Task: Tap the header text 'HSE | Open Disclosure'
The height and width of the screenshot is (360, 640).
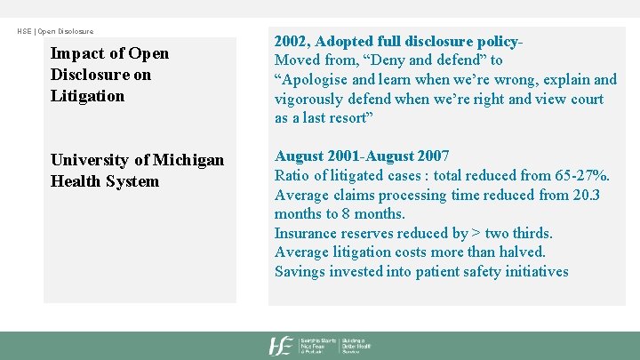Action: (x=55, y=31)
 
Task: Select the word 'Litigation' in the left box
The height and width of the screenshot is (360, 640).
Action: (x=87, y=96)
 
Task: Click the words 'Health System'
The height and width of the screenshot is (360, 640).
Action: (x=105, y=181)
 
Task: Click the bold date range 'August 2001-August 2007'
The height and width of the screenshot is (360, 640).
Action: (x=362, y=156)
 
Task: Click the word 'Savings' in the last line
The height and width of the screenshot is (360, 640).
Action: (x=300, y=272)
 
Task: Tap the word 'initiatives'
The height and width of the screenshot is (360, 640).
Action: (x=536, y=272)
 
